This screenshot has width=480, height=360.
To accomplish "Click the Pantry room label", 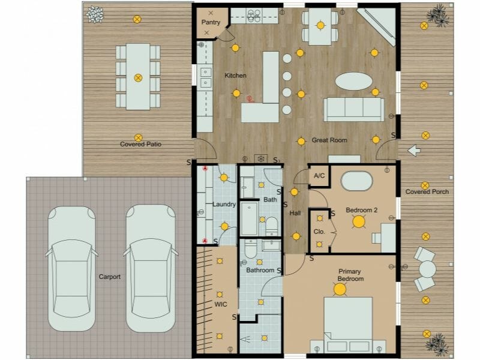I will tap(211, 23).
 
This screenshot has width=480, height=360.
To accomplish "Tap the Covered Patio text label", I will tap(140, 145).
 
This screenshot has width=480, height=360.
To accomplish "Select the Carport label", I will tap(110, 277).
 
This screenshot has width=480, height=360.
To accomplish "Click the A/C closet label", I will tap(319, 176).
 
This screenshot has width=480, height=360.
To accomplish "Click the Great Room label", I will tap(329, 140).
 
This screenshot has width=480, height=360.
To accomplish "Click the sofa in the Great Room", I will tap(353, 109).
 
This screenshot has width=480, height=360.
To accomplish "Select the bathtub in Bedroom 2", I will tap(358, 180).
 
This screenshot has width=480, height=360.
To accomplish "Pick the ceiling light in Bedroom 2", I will tap(359, 221).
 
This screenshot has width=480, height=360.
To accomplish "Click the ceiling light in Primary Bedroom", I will tap(340, 290).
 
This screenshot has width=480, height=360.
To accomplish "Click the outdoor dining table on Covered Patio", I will tap(137, 76).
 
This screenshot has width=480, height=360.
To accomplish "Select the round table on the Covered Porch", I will tap(427, 269).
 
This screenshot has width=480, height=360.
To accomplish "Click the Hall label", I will tap(295, 213).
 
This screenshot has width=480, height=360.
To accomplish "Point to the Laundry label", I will tap(224, 205).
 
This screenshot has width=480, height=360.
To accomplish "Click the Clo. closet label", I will tap(319, 232).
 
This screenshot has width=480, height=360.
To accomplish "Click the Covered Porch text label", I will tap(427, 192).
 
